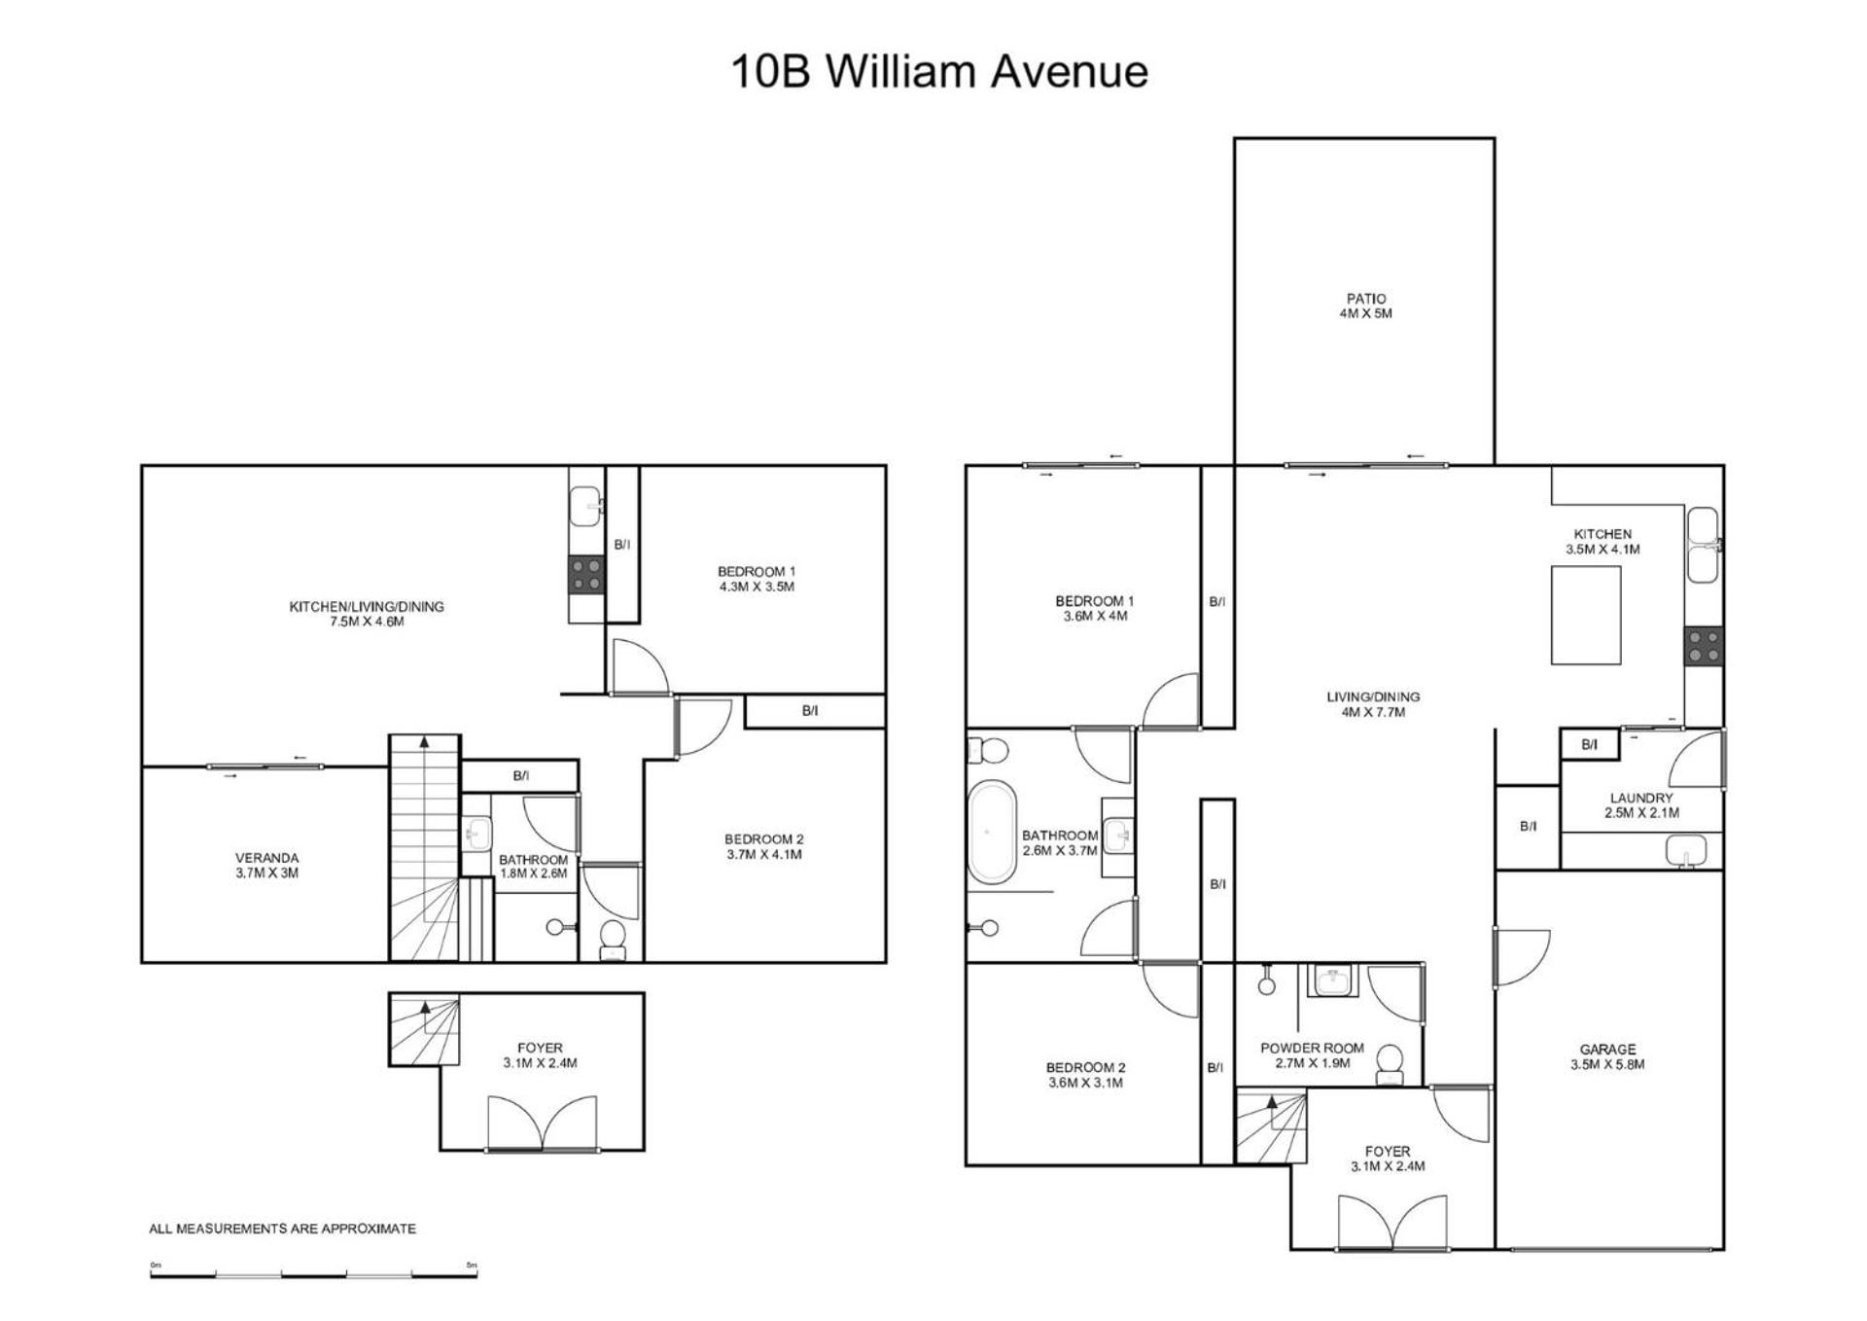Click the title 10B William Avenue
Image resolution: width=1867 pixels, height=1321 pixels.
click(938, 72)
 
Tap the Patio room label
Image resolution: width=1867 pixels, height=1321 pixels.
click(1366, 305)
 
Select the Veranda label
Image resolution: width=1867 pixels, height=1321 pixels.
click(266, 865)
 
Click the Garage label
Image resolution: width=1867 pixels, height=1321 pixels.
click(1607, 1056)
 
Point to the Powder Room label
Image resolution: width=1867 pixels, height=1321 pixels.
click(1312, 1055)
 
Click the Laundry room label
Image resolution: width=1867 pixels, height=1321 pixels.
click(1641, 805)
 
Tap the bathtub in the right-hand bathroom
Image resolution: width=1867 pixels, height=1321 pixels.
click(992, 832)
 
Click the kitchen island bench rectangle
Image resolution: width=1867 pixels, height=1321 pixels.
click(1585, 616)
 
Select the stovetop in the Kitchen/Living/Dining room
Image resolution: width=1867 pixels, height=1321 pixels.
click(586, 575)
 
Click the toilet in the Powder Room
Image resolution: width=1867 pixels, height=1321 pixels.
click(1391, 1063)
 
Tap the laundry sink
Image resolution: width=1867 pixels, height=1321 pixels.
click(1687, 850)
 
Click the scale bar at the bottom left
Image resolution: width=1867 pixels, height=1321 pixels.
click(313, 1272)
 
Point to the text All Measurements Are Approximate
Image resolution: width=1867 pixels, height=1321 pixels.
click(282, 1229)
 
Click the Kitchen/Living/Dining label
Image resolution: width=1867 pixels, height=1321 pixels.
click(367, 614)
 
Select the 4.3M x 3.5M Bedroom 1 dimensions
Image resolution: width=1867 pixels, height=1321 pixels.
click(757, 587)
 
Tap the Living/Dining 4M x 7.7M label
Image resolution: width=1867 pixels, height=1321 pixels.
click(1373, 704)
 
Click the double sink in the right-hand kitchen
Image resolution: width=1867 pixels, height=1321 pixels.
click(1704, 545)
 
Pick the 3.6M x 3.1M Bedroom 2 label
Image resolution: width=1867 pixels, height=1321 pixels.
click(1085, 1075)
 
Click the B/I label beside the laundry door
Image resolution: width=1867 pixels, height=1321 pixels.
click(1589, 745)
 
